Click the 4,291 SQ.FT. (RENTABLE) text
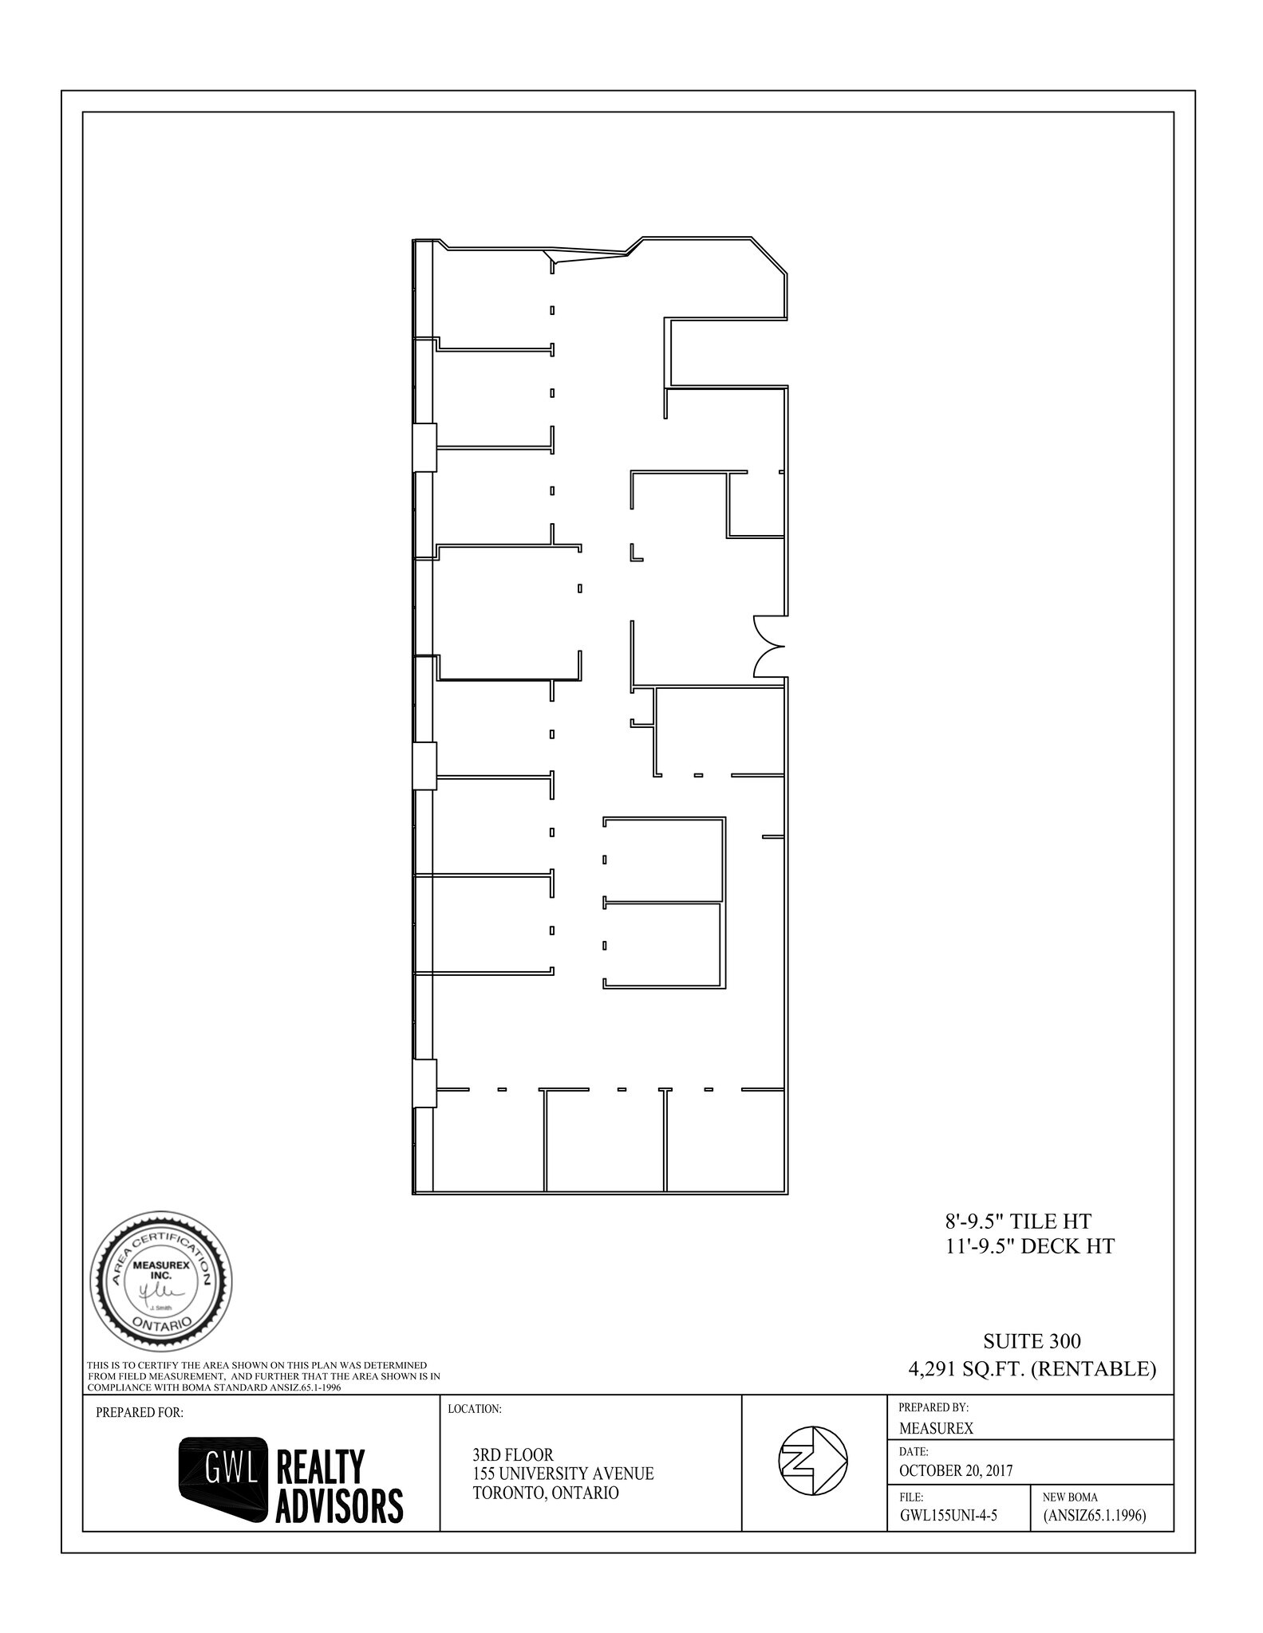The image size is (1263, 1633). tap(1032, 1369)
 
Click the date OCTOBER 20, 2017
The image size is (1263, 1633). tap(956, 1470)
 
